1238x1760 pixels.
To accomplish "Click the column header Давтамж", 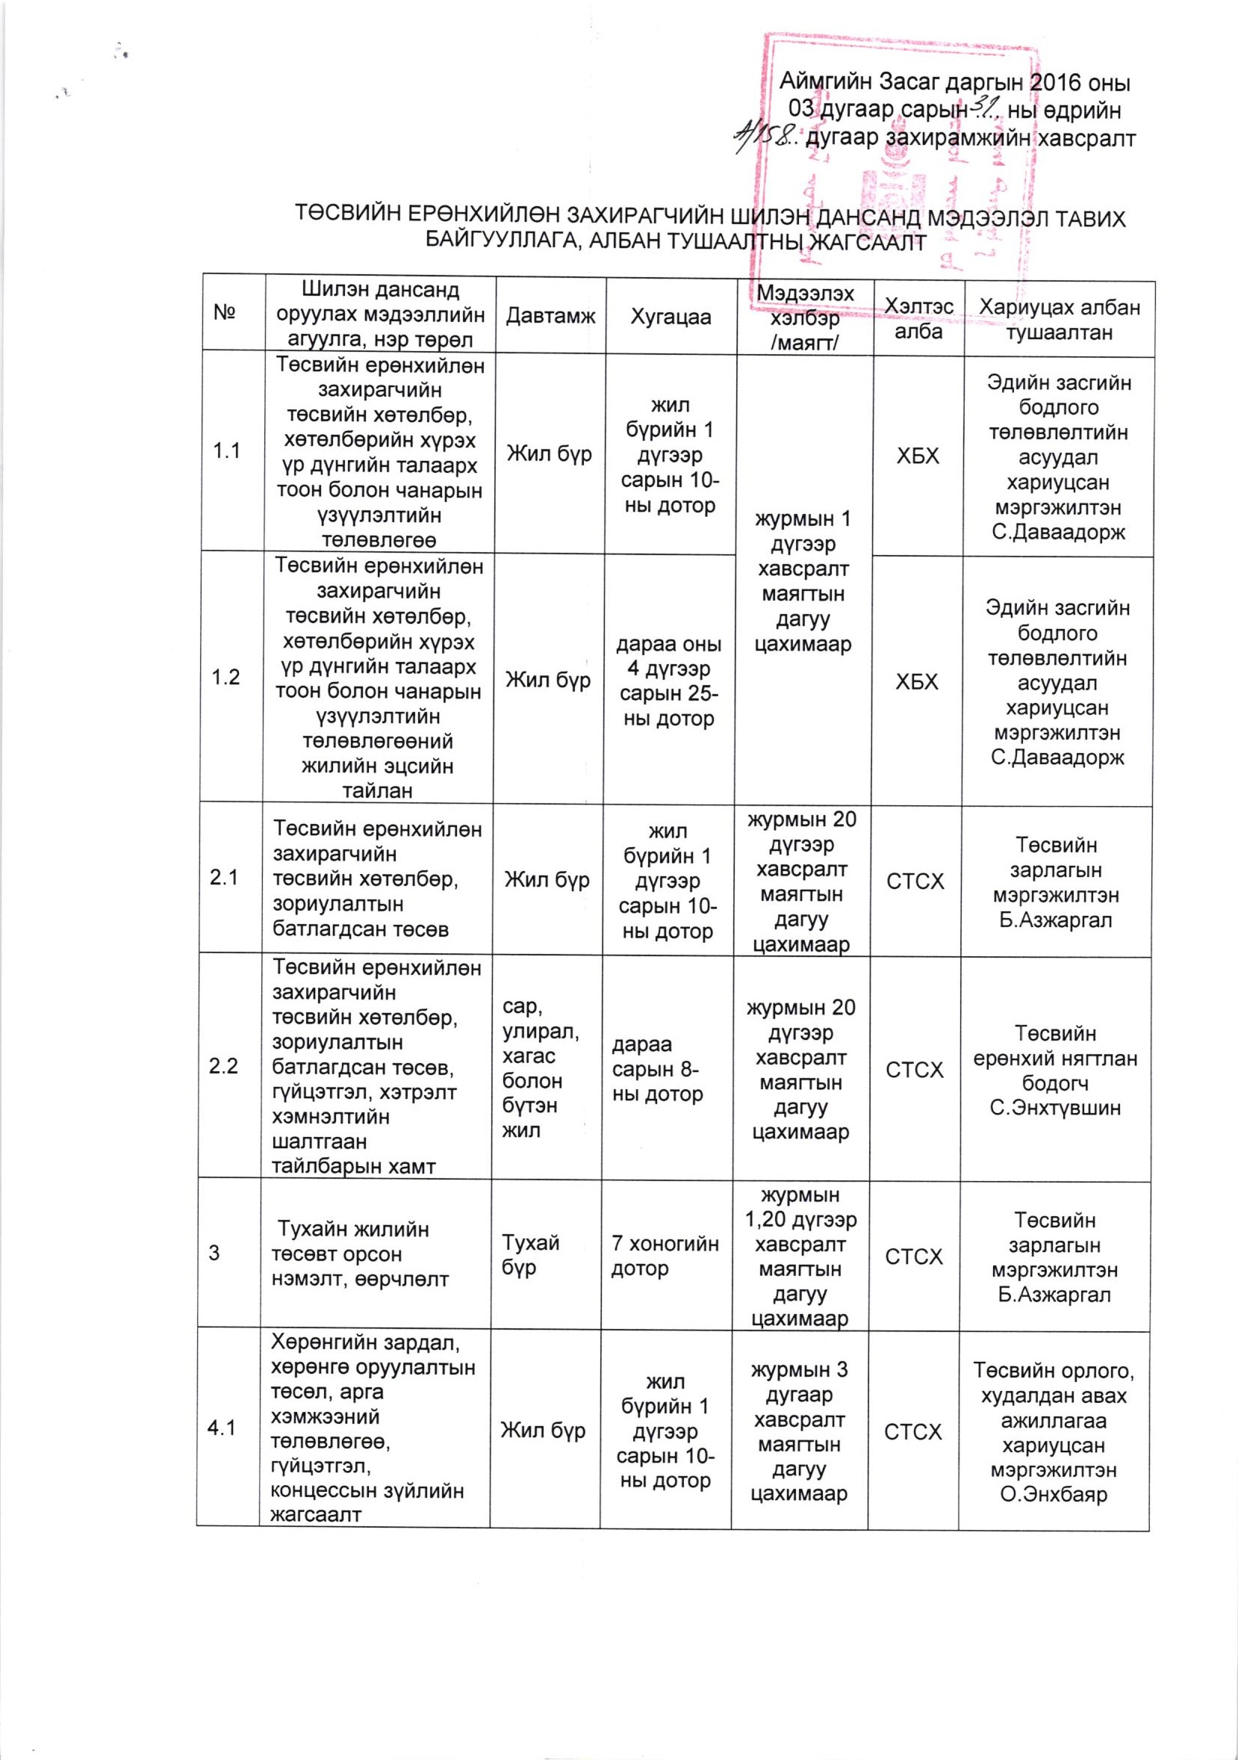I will click(x=550, y=317).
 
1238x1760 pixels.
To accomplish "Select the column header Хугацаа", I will click(x=671, y=317).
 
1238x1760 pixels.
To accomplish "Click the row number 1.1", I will click(x=227, y=450).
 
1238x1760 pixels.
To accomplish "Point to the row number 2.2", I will click(x=223, y=1065).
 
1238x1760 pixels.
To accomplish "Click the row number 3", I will click(x=214, y=1253).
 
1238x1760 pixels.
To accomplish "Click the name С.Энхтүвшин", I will click(x=1055, y=1108).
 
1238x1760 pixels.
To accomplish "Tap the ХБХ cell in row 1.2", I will click(x=917, y=681).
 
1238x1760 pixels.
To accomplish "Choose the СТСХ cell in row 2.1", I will click(x=915, y=881).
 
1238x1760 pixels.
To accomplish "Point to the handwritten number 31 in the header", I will click(x=981, y=110).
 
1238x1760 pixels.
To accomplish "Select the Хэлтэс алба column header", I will click(x=918, y=318).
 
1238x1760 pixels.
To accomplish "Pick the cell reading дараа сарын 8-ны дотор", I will click(x=657, y=1068).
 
